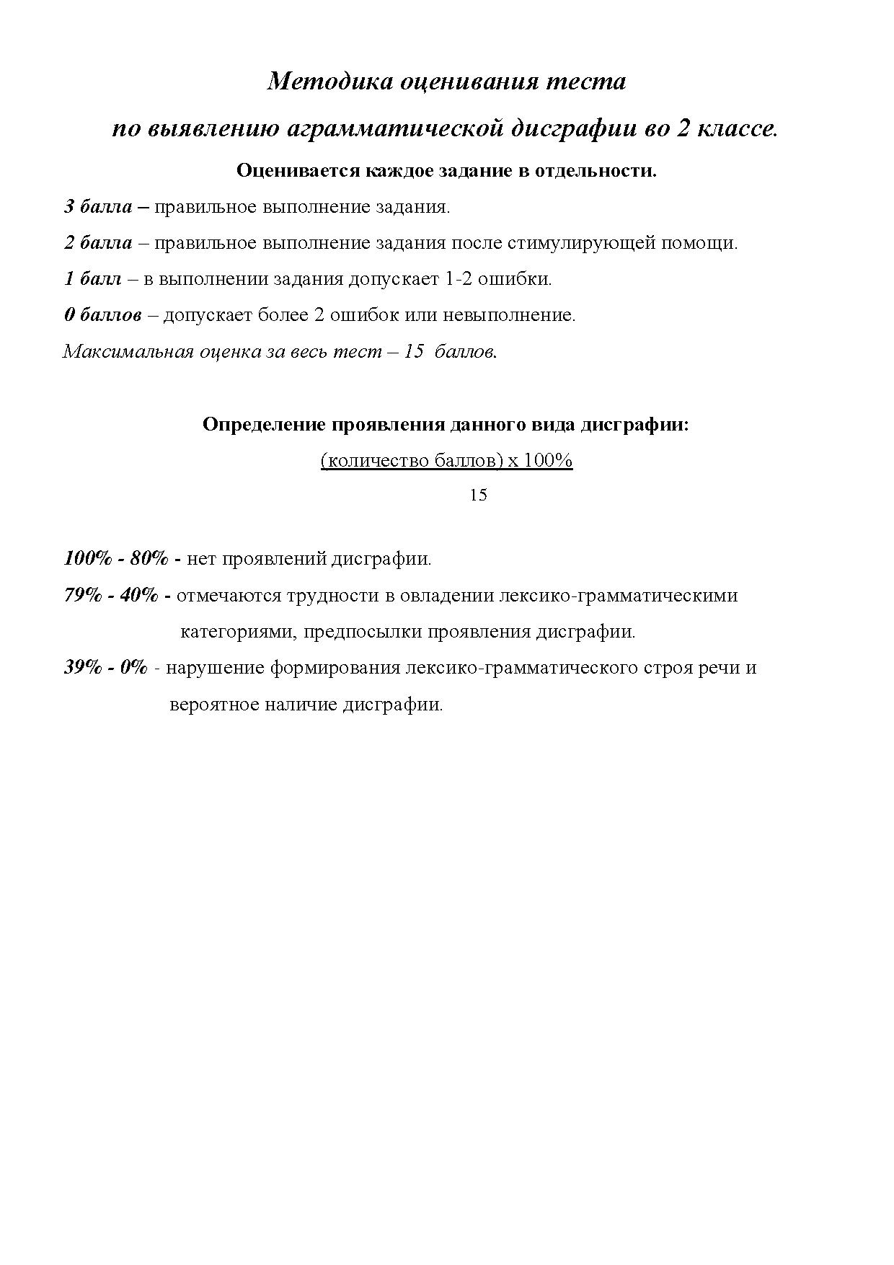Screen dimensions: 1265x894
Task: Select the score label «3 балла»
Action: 98,207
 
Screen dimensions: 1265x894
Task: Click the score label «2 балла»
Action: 98,243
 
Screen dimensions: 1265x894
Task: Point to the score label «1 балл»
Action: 93,279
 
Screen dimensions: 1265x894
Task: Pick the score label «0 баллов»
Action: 102,315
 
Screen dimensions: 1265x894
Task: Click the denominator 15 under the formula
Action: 478,495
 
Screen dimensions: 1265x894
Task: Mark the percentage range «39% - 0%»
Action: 106,667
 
